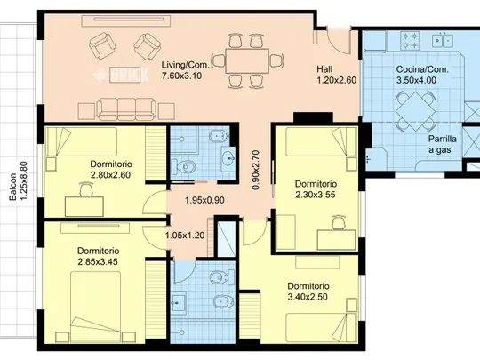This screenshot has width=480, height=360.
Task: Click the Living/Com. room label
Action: pos(186,65)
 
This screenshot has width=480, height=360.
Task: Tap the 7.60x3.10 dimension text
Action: pos(182,76)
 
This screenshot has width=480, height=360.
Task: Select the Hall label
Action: pos(324,69)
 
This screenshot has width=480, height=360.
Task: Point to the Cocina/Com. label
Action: pos(422,69)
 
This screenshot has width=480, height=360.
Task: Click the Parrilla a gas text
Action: pos(442,144)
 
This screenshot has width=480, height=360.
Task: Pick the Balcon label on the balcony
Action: pos(12,187)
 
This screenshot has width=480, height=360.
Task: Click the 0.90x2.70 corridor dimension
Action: pos(256,170)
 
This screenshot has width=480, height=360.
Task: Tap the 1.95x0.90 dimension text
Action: pos(204,200)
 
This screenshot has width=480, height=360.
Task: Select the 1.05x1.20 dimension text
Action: pos(185,236)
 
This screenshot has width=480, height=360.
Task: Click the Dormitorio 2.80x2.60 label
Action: pos(110,169)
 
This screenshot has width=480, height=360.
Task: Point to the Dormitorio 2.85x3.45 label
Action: pos(98,256)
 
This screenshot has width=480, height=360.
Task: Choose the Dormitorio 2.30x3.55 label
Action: pos(316,189)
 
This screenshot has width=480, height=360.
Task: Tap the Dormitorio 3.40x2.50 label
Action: pos(308,292)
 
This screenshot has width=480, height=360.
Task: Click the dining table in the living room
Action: pos(247,60)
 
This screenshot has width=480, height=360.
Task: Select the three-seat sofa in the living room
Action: pos(126,109)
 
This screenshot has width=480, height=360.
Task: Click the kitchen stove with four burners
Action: pos(410,41)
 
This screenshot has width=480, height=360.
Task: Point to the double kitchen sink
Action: pos(443,40)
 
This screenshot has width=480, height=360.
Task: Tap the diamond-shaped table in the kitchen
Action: pos(415,111)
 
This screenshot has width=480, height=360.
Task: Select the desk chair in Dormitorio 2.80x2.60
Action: pos(86,189)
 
